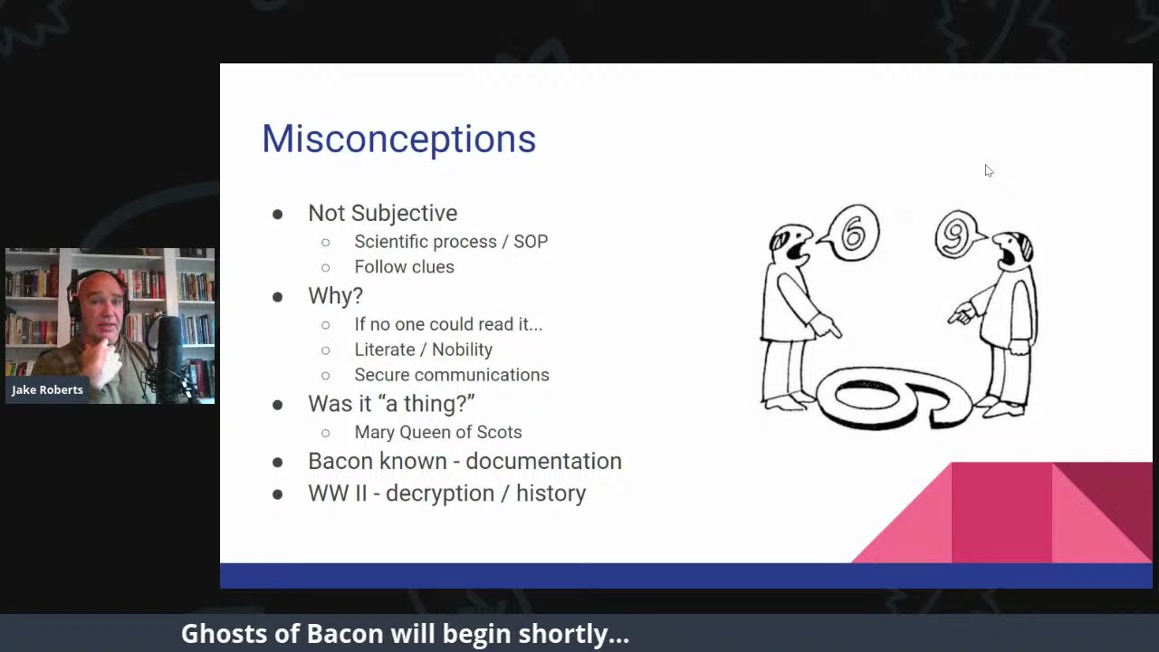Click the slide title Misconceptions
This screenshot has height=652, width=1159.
(398, 139)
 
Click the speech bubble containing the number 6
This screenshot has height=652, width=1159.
(853, 233)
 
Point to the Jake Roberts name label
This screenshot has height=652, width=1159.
(47, 389)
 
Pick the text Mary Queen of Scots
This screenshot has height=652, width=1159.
(437, 432)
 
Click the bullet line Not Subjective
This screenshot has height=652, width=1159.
(382, 213)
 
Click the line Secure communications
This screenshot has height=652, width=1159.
(451, 375)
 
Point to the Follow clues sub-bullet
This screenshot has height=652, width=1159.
(404, 266)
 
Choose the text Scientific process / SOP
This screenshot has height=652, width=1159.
(450, 241)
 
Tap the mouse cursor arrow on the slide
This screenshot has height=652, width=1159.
(988, 170)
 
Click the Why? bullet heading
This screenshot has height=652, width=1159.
(335, 295)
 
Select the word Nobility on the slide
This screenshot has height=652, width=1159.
(462, 350)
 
